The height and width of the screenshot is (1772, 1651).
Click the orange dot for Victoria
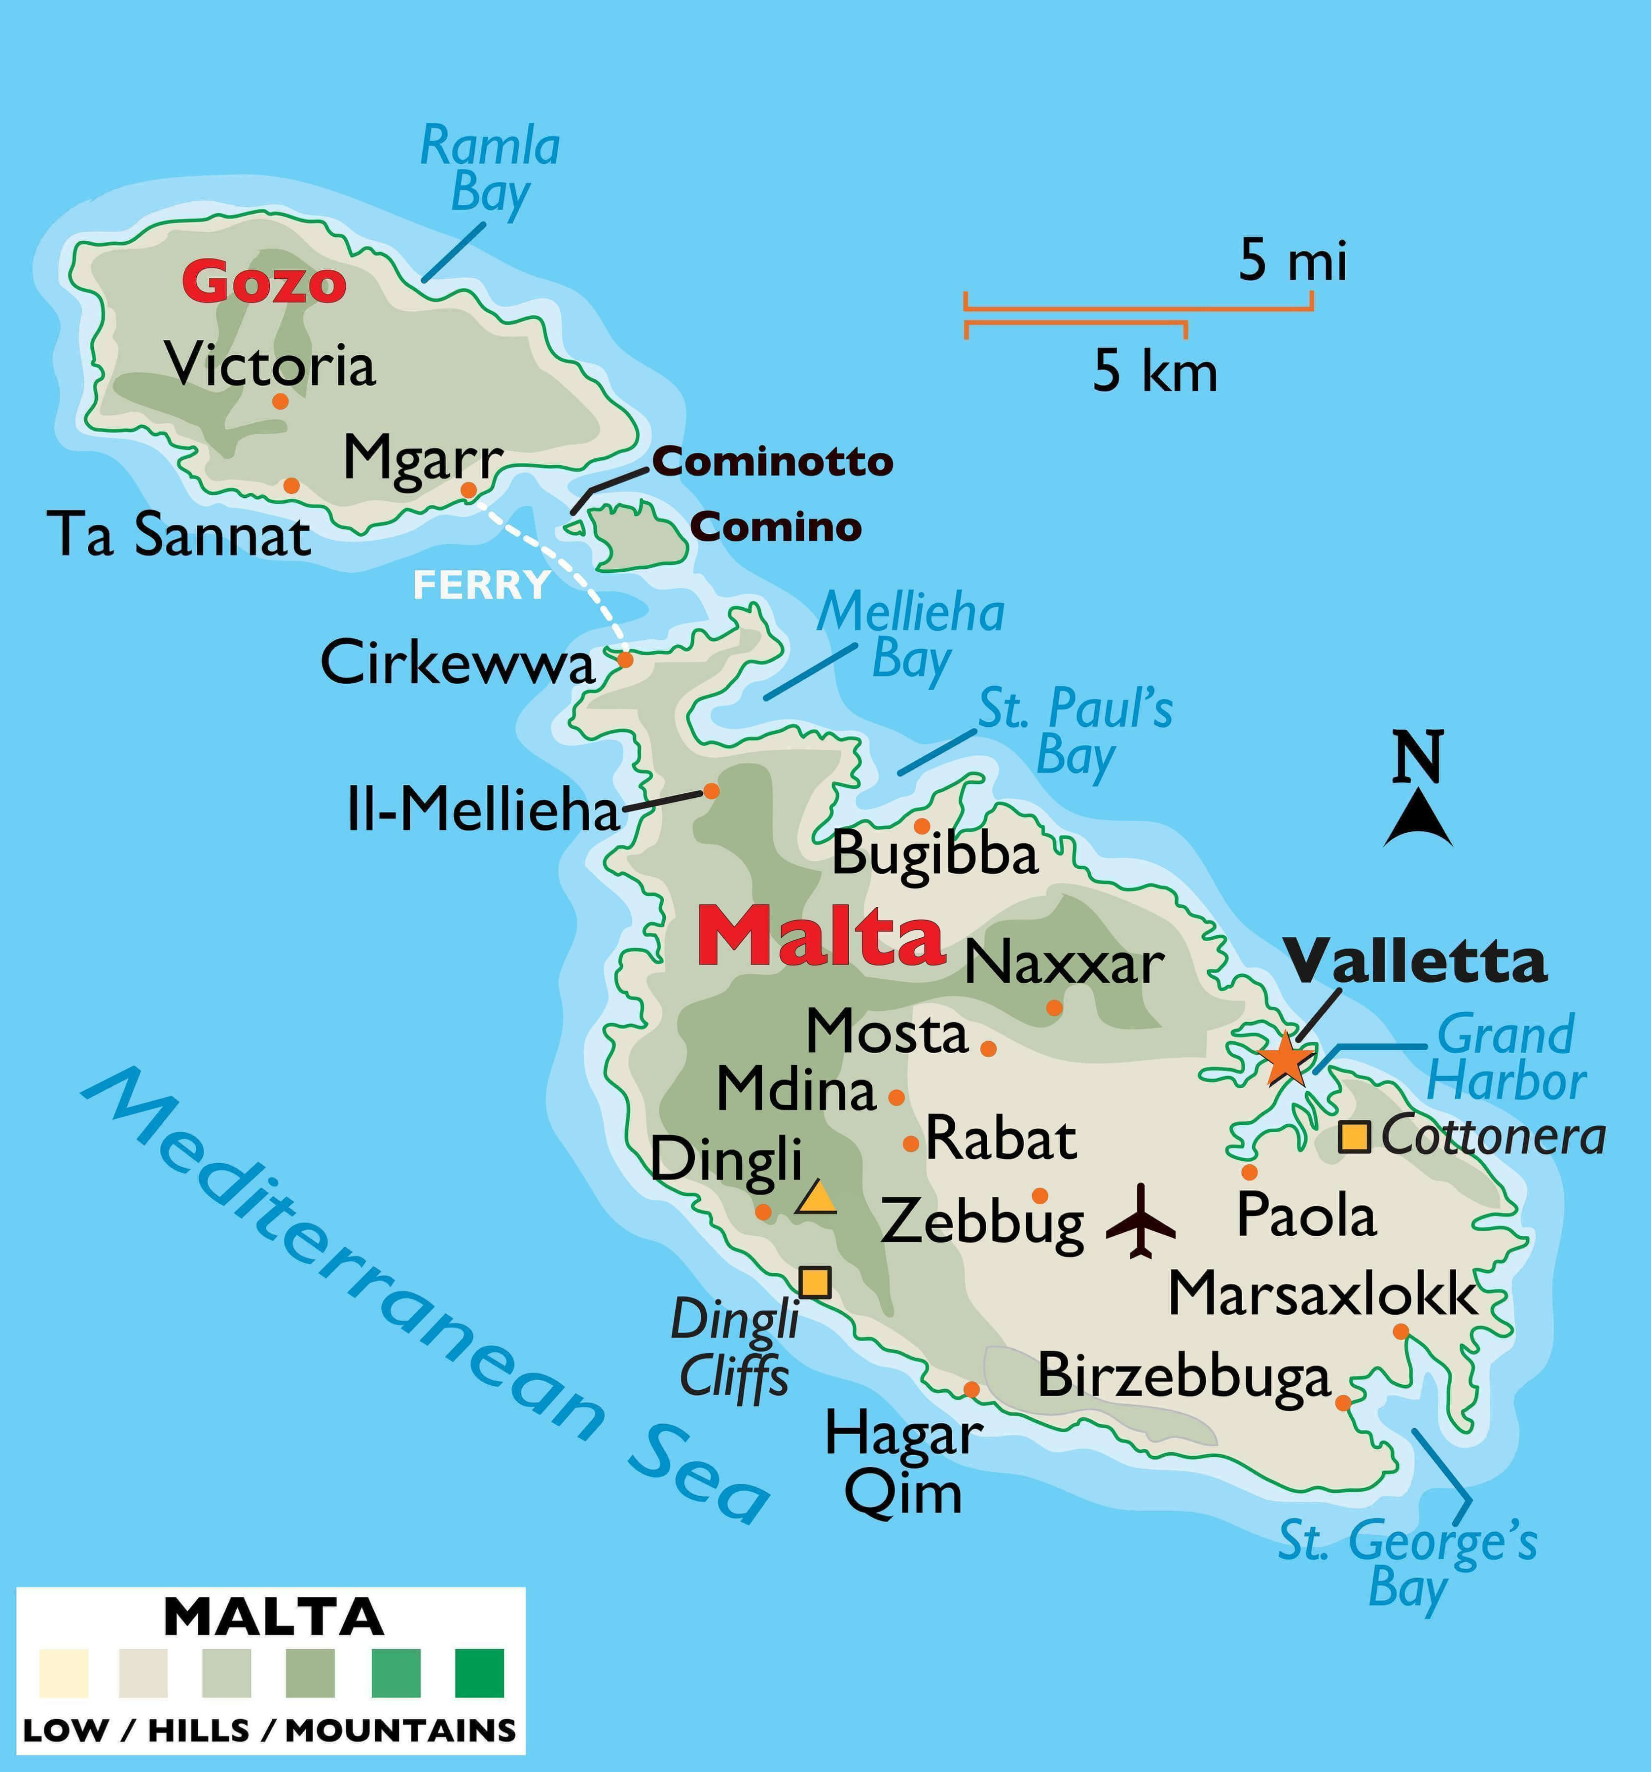[280, 401]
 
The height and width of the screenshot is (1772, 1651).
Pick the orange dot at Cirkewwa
[625, 660]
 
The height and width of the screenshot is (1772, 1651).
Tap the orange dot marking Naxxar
[1054, 1007]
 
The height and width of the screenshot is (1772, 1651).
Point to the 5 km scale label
[1155, 372]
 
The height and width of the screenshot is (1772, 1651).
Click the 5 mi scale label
[1293, 262]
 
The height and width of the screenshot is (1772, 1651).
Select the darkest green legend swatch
[479, 1673]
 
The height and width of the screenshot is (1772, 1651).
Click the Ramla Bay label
[490, 169]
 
